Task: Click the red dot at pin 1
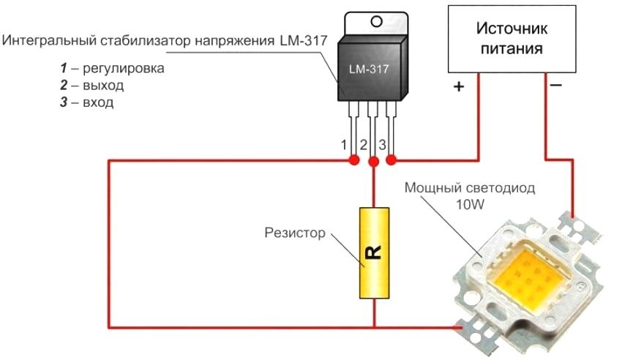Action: (353, 160)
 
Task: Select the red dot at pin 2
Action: (373, 160)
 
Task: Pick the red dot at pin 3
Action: (391, 160)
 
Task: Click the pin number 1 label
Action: (344, 144)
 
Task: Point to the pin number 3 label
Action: (382, 144)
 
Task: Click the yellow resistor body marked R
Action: (373, 252)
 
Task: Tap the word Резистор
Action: (294, 234)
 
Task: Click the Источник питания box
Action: (510, 38)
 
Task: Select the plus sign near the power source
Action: (459, 86)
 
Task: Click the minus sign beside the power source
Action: (556, 86)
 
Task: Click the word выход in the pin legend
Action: (102, 86)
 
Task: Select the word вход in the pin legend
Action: (97, 102)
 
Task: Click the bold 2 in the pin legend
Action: (64, 86)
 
